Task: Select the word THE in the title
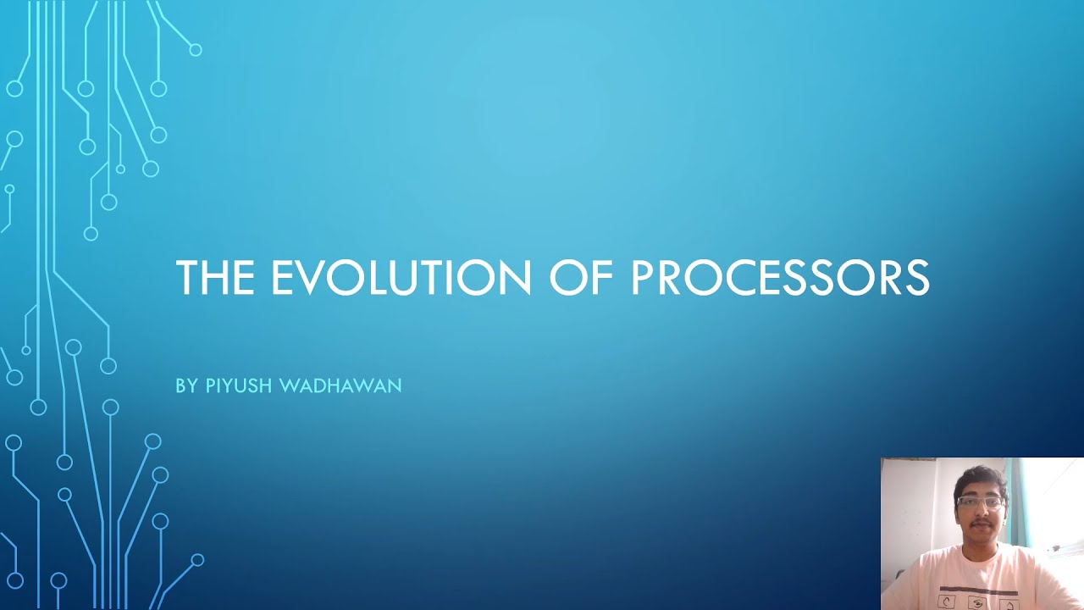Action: coord(216,278)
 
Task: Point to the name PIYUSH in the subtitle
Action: coord(240,386)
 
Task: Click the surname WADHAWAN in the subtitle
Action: coord(340,386)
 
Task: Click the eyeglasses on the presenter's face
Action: coord(980,502)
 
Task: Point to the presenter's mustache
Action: coord(981,526)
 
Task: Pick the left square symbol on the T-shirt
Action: coord(949,602)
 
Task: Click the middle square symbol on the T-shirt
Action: coord(980,603)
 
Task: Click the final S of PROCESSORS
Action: coord(918,278)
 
